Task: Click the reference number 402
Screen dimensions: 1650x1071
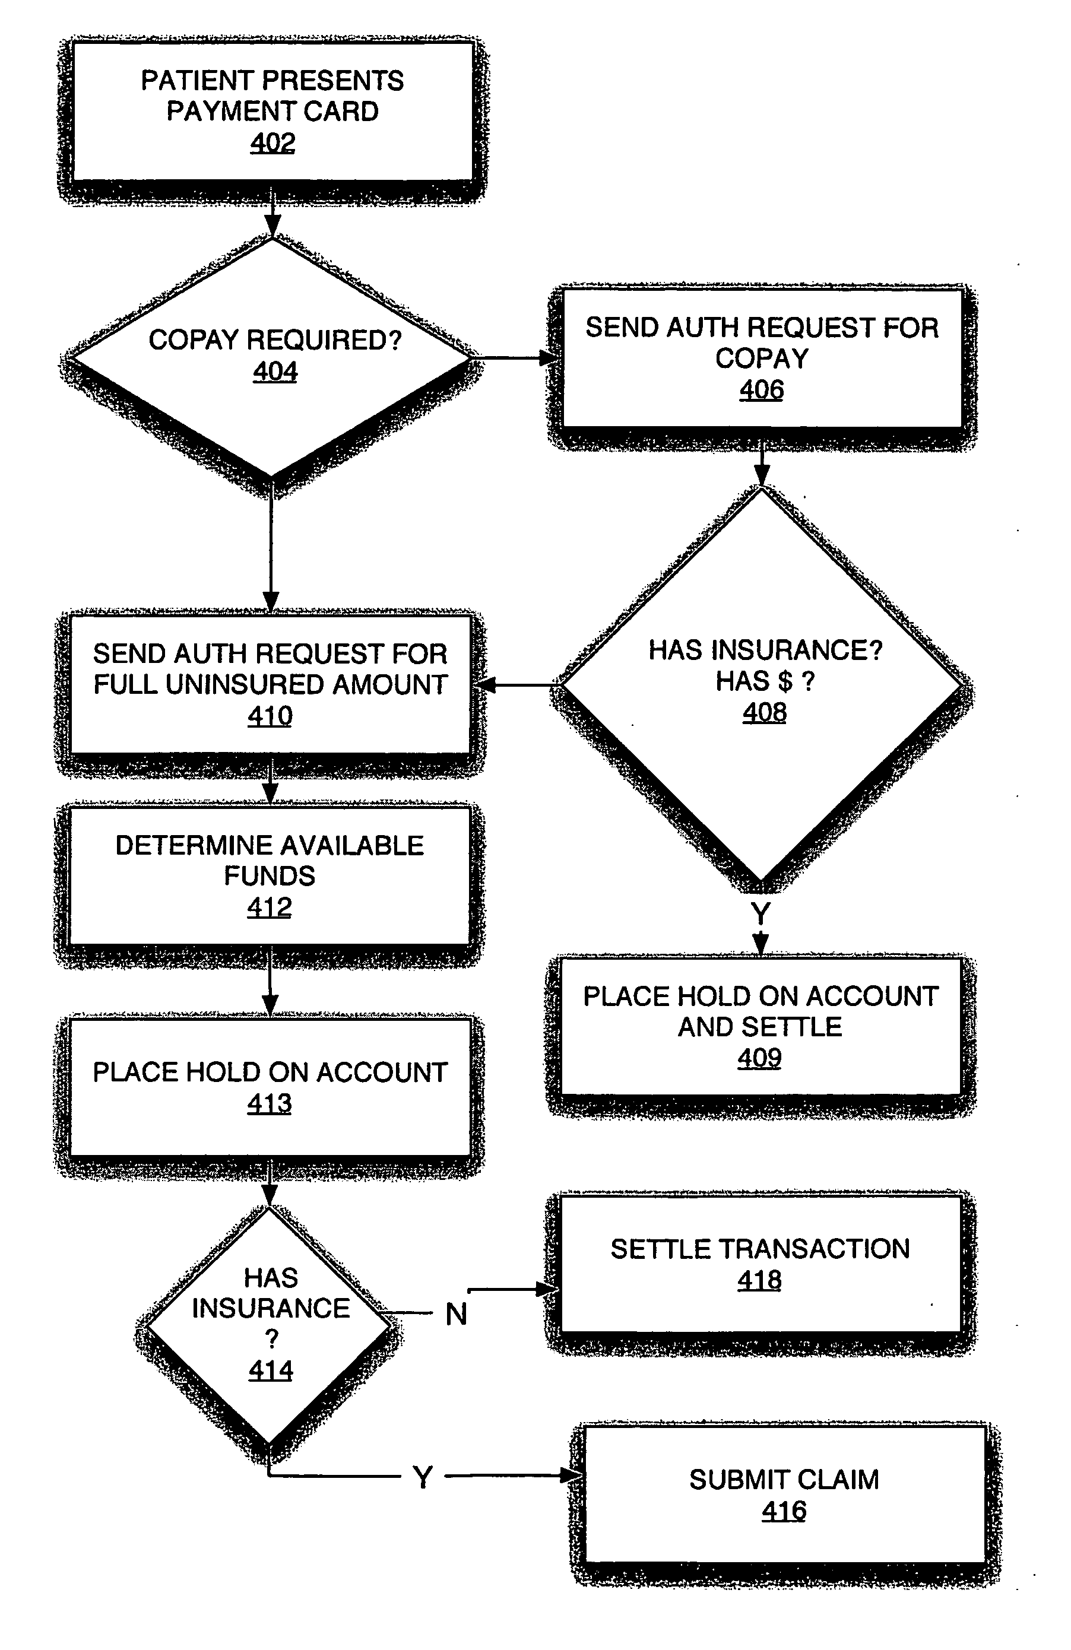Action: pos(272,143)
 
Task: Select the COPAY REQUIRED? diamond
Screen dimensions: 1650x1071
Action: pos(272,357)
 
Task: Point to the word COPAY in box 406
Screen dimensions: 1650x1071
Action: pos(762,358)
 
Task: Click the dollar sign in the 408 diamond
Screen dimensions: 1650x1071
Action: pos(784,681)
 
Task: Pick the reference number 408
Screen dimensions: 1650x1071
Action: pos(765,712)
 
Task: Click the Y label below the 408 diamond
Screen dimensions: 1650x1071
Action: pos(761,914)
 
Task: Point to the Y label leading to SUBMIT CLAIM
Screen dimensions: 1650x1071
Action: pos(423,1477)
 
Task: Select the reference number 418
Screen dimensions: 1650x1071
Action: pos(759,1280)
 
